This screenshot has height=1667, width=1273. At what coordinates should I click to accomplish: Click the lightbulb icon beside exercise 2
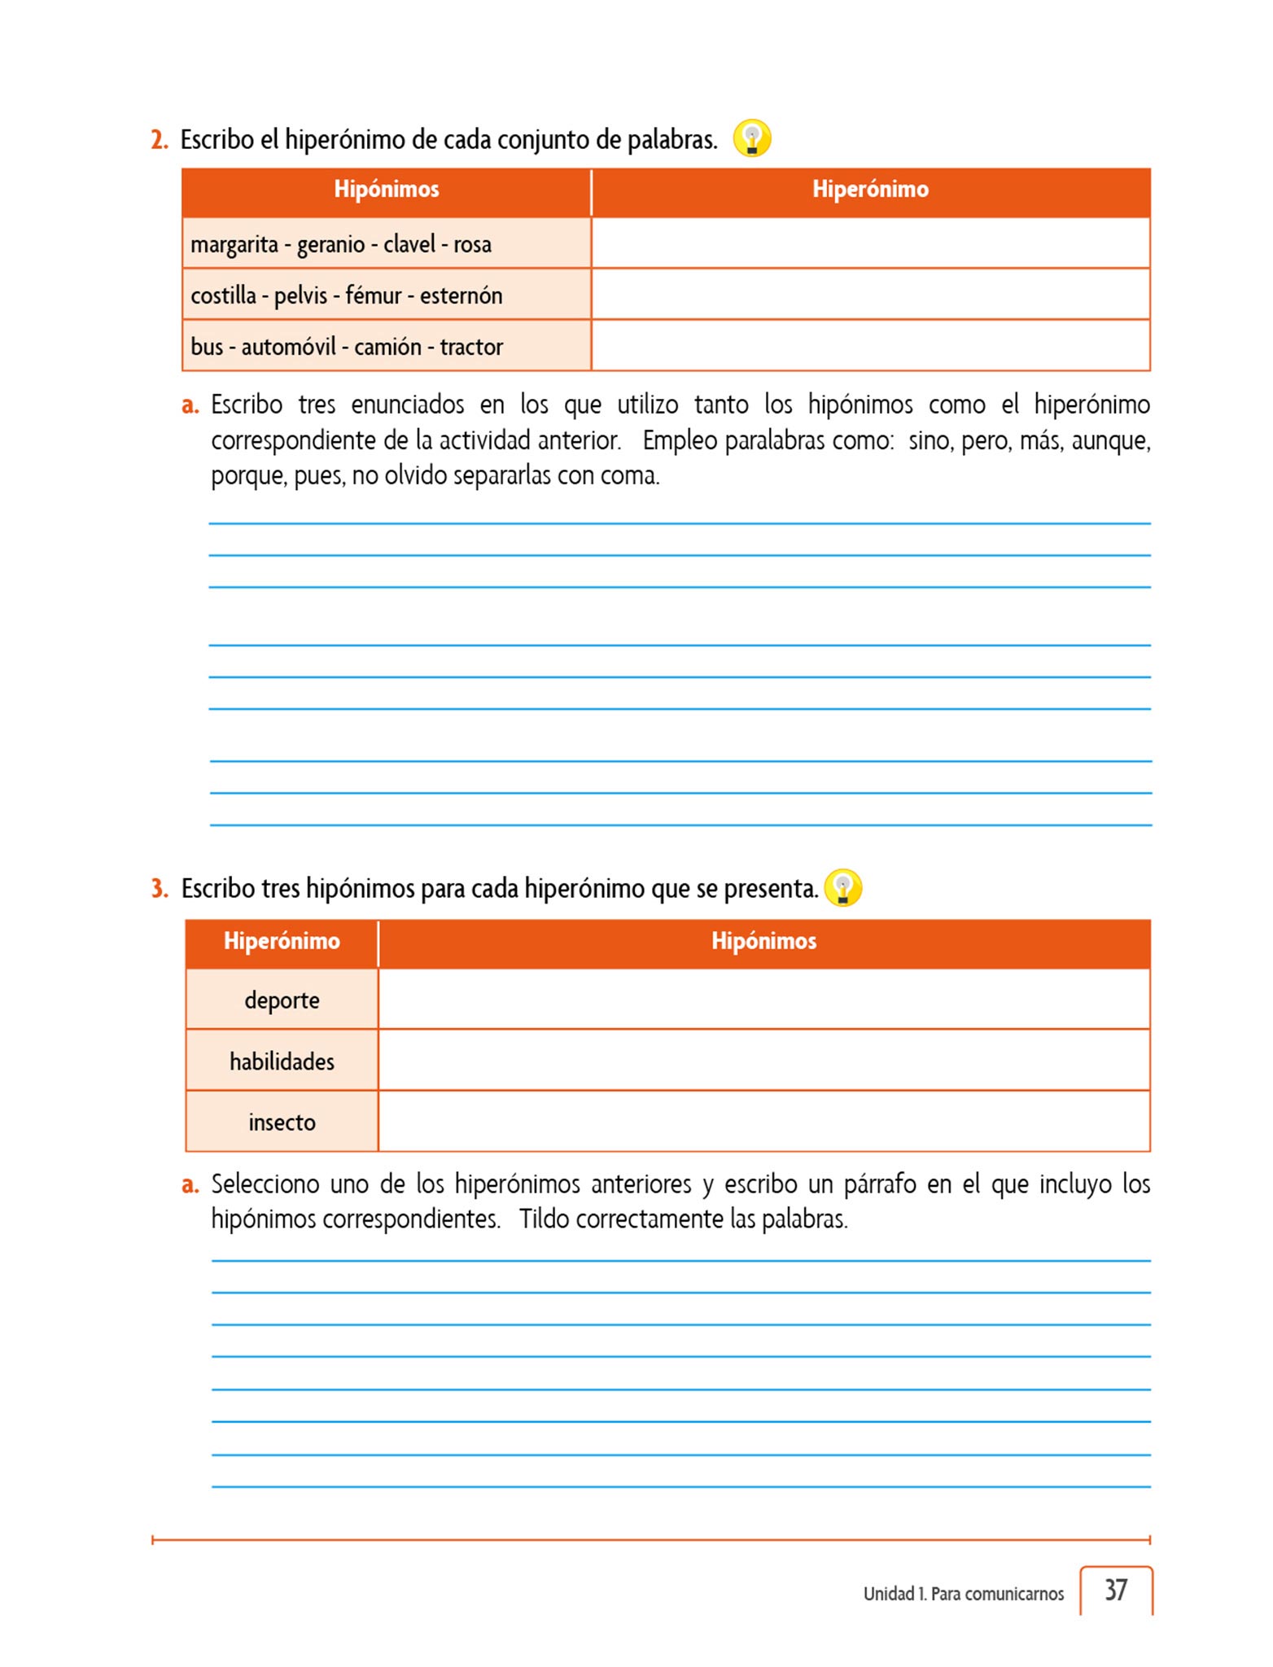pyautogui.click(x=752, y=138)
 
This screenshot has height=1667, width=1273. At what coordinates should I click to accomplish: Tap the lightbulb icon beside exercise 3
pyautogui.click(x=843, y=887)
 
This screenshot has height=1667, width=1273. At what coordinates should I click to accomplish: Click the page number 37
pyautogui.click(x=1116, y=1590)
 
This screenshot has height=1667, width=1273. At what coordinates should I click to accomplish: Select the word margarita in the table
pyautogui.click(x=234, y=245)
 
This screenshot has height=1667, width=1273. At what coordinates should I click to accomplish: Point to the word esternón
pyautogui.click(x=461, y=295)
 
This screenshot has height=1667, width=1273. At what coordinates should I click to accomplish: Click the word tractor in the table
pyautogui.click(x=471, y=347)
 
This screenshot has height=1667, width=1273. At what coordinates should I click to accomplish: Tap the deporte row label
pyautogui.click(x=282, y=1000)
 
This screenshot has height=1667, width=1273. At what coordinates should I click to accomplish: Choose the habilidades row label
pyautogui.click(x=282, y=1061)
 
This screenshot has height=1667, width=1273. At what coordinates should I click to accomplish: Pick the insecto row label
pyautogui.click(x=282, y=1122)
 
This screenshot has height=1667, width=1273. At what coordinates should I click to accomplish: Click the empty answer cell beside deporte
pyautogui.click(x=763, y=1000)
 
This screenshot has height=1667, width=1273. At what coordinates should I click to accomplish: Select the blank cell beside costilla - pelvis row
pyautogui.click(x=870, y=295)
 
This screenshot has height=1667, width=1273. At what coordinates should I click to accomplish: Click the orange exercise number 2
pyautogui.click(x=159, y=140)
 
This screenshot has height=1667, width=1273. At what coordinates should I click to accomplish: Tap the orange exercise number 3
pyautogui.click(x=160, y=889)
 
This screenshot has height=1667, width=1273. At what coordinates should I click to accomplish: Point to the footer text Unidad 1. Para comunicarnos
pyautogui.click(x=963, y=1594)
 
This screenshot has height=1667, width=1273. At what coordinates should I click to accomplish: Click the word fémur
pyautogui.click(x=374, y=295)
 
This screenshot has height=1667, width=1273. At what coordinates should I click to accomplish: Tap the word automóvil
pyautogui.click(x=288, y=347)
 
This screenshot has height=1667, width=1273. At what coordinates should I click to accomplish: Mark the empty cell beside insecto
pyautogui.click(x=763, y=1122)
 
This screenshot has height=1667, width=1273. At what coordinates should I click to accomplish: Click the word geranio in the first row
pyautogui.click(x=330, y=245)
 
